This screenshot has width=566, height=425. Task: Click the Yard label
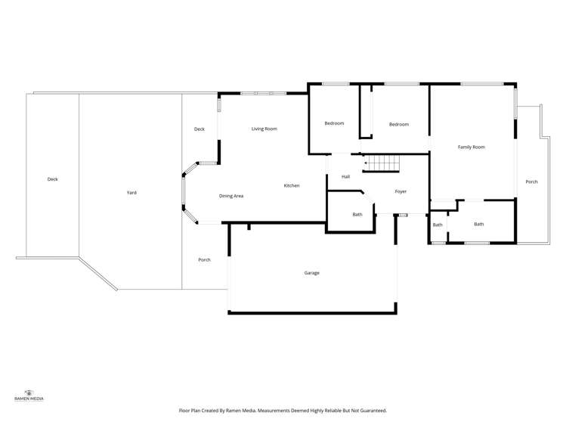coord(131,193)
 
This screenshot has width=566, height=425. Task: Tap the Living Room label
coord(264,129)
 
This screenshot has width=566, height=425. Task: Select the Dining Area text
coord(231,196)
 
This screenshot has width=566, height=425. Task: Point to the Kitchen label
coord(292,185)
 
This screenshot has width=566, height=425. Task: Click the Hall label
coord(346,176)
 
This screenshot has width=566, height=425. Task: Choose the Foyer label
coord(401,192)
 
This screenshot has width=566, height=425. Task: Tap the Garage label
coord(312,273)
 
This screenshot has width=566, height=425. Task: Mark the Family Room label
coord(472,147)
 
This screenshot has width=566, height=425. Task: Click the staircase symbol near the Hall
coord(382,163)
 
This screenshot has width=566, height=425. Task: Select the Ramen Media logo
coord(29,396)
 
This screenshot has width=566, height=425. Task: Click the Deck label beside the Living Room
coord(199,129)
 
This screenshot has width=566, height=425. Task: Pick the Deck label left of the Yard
coord(53,179)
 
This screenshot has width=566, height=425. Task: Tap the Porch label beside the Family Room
coord(531,181)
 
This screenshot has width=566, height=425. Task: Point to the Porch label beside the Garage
coord(204,260)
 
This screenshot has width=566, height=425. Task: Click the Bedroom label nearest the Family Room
coord(399,124)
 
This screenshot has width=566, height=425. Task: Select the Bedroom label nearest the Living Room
coord(334,123)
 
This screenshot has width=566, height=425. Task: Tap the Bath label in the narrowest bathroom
coord(438,225)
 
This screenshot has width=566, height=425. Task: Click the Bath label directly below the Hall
coord(357,215)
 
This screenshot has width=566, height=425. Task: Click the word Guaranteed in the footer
coord(373,411)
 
